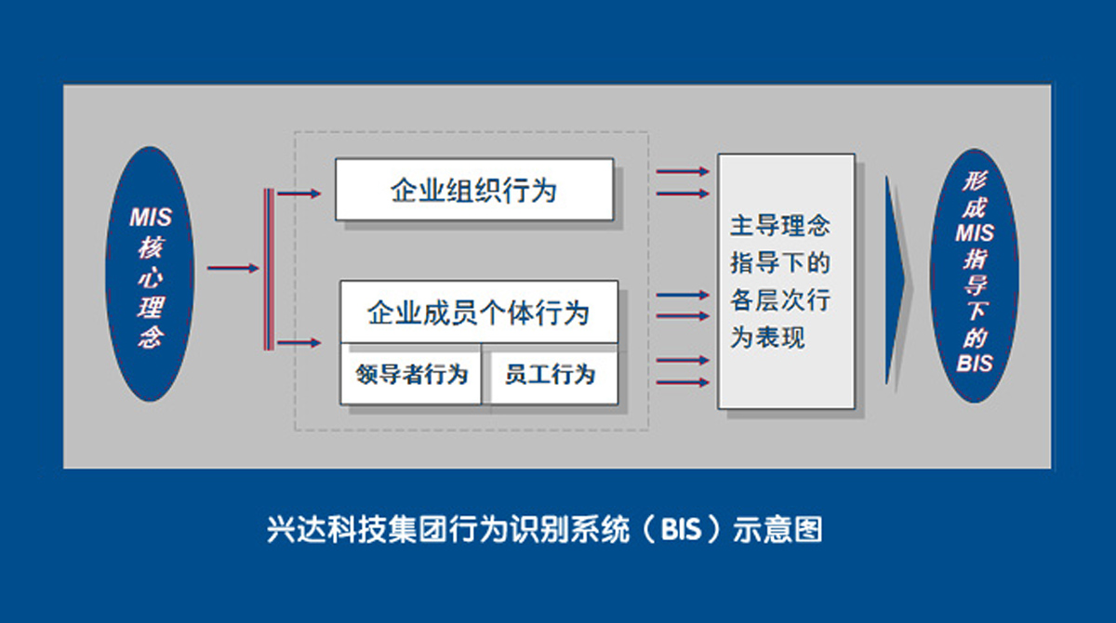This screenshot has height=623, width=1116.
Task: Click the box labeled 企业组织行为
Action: (x=473, y=189)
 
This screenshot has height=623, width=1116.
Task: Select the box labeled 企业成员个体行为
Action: (x=478, y=311)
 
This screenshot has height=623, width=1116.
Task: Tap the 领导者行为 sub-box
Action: (x=411, y=375)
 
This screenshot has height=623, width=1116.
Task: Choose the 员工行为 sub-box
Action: (x=550, y=375)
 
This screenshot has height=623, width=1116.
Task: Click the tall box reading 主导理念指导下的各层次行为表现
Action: (x=786, y=281)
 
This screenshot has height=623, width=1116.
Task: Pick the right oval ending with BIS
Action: (x=974, y=275)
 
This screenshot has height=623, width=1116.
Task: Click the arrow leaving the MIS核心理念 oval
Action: (x=232, y=269)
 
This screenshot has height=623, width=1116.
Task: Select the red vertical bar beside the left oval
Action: (x=269, y=269)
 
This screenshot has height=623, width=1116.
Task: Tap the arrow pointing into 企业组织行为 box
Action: (x=299, y=193)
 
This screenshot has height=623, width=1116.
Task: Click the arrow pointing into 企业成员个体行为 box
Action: (x=299, y=344)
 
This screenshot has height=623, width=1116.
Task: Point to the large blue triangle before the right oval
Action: (x=897, y=278)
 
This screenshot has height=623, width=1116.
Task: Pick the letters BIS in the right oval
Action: (x=975, y=364)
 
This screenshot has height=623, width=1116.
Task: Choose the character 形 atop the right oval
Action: (x=975, y=181)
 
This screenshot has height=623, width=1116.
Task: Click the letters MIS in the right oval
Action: (x=975, y=233)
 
